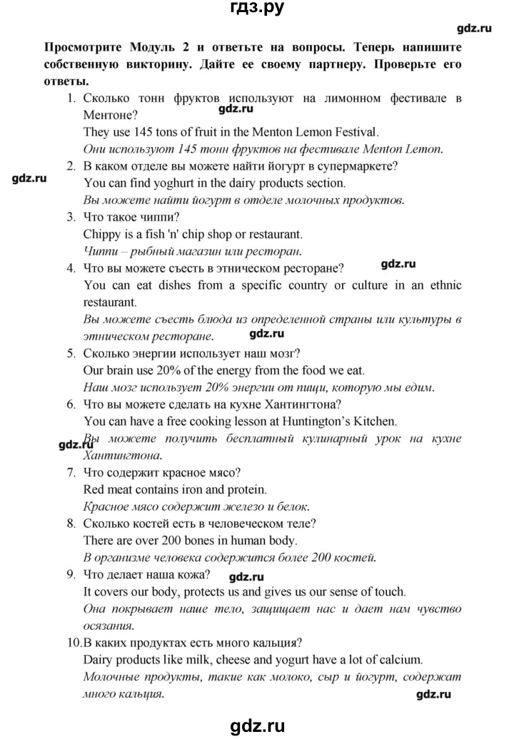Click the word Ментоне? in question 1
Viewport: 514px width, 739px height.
pyautogui.click(x=111, y=114)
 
